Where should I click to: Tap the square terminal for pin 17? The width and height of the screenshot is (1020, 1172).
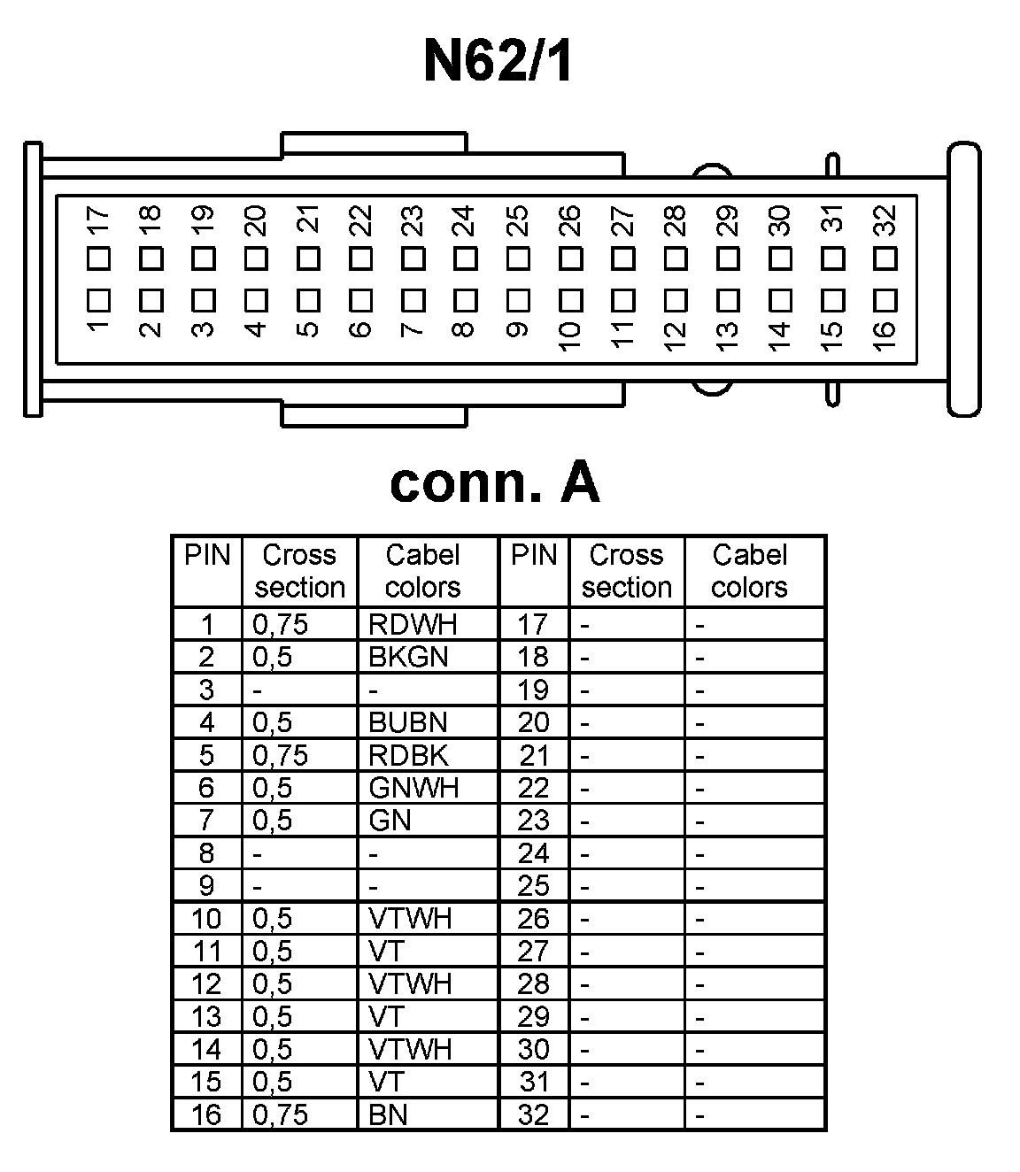click(x=98, y=258)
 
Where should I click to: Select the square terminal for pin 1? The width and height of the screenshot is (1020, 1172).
click(x=98, y=300)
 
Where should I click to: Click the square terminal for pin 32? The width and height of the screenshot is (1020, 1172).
click(x=885, y=258)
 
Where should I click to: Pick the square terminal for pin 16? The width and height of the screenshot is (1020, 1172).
click(x=885, y=300)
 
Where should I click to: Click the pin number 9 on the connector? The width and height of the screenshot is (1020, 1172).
click(x=518, y=330)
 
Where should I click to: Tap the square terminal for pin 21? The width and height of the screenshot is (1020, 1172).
click(x=308, y=258)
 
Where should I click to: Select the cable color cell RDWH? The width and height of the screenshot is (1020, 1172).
click(x=413, y=624)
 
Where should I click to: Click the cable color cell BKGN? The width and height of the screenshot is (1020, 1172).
click(x=408, y=657)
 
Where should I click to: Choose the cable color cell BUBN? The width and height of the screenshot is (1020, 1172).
click(x=408, y=722)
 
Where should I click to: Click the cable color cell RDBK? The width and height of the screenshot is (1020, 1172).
click(x=408, y=755)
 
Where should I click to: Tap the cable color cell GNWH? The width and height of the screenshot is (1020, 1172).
click(x=413, y=788)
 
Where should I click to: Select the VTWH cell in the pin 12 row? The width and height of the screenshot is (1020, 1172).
click(x=410, y=983)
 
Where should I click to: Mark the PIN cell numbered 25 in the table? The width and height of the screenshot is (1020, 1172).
click(x=533, y=885)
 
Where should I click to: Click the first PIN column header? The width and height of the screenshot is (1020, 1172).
click(x=207, y=556)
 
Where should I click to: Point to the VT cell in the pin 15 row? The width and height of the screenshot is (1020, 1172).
click(x=386, y=1082)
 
